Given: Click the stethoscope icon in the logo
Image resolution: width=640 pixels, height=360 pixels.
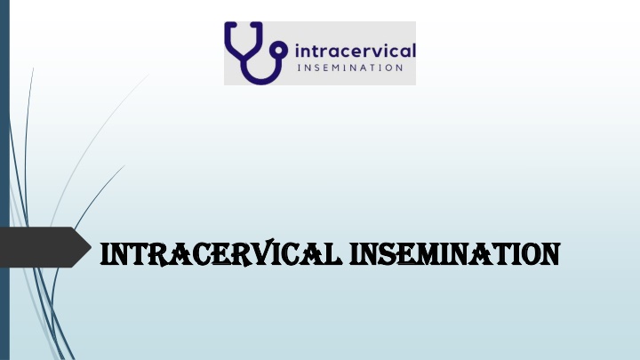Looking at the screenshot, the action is [x=255, y=53].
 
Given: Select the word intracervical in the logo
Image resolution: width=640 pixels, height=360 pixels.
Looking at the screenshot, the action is [x=355, y=51].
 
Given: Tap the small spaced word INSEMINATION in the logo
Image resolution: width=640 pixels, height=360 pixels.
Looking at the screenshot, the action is [x=350, y=68].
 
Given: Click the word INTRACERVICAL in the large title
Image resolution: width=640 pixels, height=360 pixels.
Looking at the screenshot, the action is [x=220, y=253].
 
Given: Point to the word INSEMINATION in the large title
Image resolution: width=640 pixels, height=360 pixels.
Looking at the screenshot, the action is [x=455, y=254].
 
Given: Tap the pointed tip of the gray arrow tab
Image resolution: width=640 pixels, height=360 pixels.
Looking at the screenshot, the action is [x=91, y=247].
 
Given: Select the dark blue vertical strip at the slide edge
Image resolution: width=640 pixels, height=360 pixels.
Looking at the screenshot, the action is [x=4, y=180].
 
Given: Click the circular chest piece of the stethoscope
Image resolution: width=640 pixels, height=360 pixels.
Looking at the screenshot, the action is [x=280, y=50].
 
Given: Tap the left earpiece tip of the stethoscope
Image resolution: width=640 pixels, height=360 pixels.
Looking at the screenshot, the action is [x=232, y=24].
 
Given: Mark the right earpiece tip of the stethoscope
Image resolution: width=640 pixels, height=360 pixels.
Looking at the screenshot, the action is [x=256, y=24].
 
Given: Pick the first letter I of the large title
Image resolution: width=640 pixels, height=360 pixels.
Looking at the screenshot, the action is [x=105, y=254].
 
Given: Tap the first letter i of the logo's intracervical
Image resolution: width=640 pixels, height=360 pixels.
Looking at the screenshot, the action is [x=297, y=51].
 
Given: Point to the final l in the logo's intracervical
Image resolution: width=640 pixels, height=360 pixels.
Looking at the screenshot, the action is [x=414, y=50].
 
